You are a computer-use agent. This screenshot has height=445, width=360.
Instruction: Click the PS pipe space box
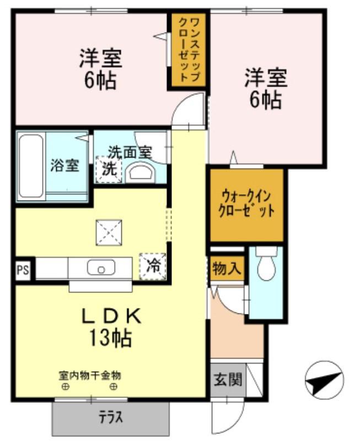tap(23, 269)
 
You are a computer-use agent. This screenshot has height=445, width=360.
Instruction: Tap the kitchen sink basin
tap(101, 267)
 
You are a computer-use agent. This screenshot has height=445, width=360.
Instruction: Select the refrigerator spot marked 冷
tap(153, 267)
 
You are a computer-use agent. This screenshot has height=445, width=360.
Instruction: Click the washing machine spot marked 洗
tap(109, 169)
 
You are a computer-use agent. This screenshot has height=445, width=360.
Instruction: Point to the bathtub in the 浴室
tap(31, 166)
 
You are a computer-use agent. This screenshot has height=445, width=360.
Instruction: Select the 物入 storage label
tap(227, 268)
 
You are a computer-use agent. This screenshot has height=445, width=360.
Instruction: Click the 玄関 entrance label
tap(228, 379)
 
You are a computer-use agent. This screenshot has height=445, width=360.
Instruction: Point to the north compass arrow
tap(324, 381)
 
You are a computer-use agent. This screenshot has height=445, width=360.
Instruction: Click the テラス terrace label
tap(110, 417)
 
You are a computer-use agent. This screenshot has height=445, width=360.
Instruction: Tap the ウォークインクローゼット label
tap(246, 204)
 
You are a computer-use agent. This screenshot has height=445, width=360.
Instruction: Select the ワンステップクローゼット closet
tap(188, 50)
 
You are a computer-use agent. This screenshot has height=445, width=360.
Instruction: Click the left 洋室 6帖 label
tap(100, 69)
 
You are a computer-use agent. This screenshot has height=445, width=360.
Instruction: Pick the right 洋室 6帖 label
tap(266, 89)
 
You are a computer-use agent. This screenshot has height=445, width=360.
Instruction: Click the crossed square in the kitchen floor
tap(109, 233)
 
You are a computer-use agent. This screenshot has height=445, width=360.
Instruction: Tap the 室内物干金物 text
tap(90, 376)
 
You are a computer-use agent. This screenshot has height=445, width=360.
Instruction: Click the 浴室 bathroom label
tap(65, 165)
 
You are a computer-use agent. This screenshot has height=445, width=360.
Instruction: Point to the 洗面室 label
tap(130, 153)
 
